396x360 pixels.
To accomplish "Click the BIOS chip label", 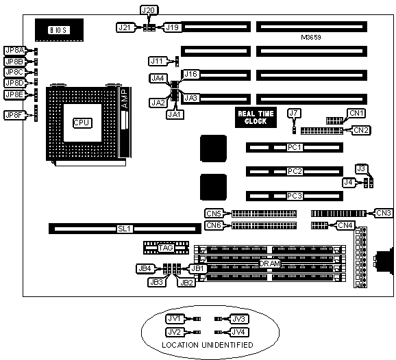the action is (59, 30).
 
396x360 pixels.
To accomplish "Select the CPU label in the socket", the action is (82, 123).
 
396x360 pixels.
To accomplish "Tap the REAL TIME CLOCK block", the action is (256, 118).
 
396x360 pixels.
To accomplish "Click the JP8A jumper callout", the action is (15, 51).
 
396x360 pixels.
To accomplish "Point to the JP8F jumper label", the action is (15, 115).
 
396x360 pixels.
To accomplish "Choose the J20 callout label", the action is (149, 10).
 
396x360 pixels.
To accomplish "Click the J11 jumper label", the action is (158, 61).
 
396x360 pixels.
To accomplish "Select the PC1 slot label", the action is (295, 147).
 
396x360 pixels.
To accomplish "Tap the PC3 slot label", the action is (295, 196).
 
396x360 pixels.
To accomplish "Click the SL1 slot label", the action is (125, 229).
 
